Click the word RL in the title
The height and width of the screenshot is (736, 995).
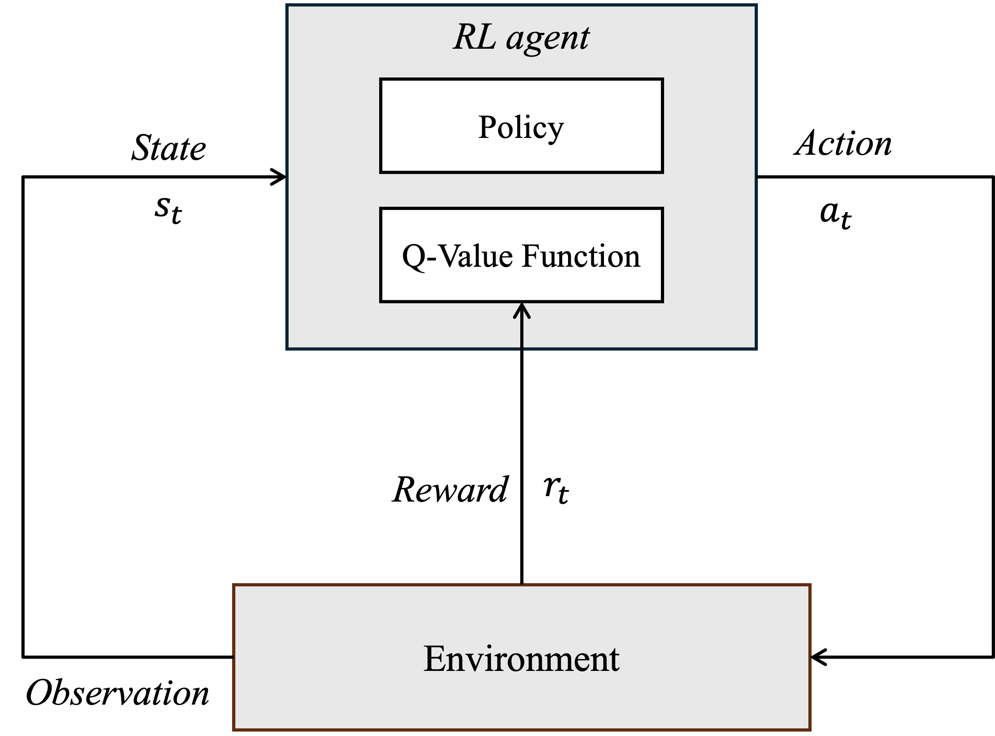pos(475,37)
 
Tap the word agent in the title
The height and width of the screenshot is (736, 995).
pos(548,39)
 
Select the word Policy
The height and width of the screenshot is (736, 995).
pos(521,127)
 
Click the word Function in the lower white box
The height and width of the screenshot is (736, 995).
pos(581,256)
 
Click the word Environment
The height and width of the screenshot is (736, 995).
pos(521,659)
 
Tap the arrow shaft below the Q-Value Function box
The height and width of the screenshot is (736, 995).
pos(522,335)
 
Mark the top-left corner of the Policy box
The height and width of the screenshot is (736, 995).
pos(381,80)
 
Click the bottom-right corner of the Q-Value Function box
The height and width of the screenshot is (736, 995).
pos(662,301)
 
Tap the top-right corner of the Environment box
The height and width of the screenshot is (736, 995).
pos(810,586)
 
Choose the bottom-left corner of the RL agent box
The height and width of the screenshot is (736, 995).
pos(288,349)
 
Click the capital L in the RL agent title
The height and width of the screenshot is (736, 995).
pos(487,37)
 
